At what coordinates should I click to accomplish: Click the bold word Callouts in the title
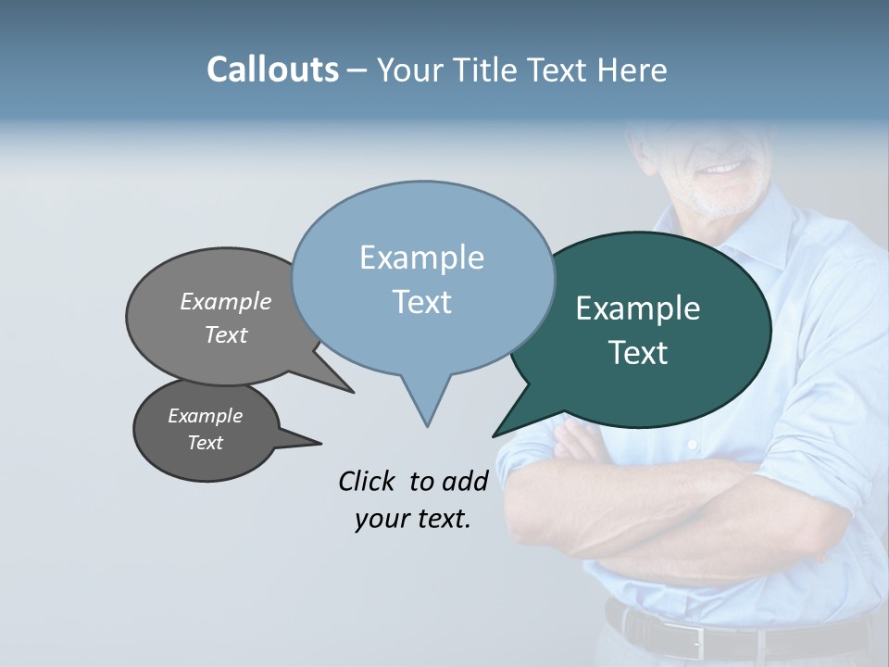pyautogui.click(x=272, y=69)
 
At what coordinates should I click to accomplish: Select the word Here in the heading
pyautogui.click(x=631, y=69)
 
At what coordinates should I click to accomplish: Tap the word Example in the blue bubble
pyautogui.click(x=421, y=258)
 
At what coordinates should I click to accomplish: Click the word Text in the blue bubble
pyautogui.click(x=421, y=302)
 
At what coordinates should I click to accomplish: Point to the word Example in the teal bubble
pyautogui.click(x=638, y=308)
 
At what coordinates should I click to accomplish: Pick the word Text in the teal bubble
pyautogui.click(x=638, y=353)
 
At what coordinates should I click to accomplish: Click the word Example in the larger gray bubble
pyautogui.click(x=226, y=301)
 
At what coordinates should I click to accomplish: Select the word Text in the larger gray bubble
pyautogui.click(x=226, y=334)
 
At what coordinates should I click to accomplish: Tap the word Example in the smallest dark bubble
pyautogui.click(x=206, y=416)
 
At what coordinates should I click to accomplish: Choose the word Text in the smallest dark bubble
pyautogui.click(x=206, y=443)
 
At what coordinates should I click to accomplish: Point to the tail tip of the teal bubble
pyautogui.click(x=495, y=435)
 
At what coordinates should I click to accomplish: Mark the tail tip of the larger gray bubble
pyautogui.click(x=352, y=392)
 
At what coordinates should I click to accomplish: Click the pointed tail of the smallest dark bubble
pyautogui.click(x=319, y=443)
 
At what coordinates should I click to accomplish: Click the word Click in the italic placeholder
pyautogui.click(x=369, y=481)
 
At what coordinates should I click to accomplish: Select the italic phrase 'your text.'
pyautogui.click(x=413, y=519)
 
